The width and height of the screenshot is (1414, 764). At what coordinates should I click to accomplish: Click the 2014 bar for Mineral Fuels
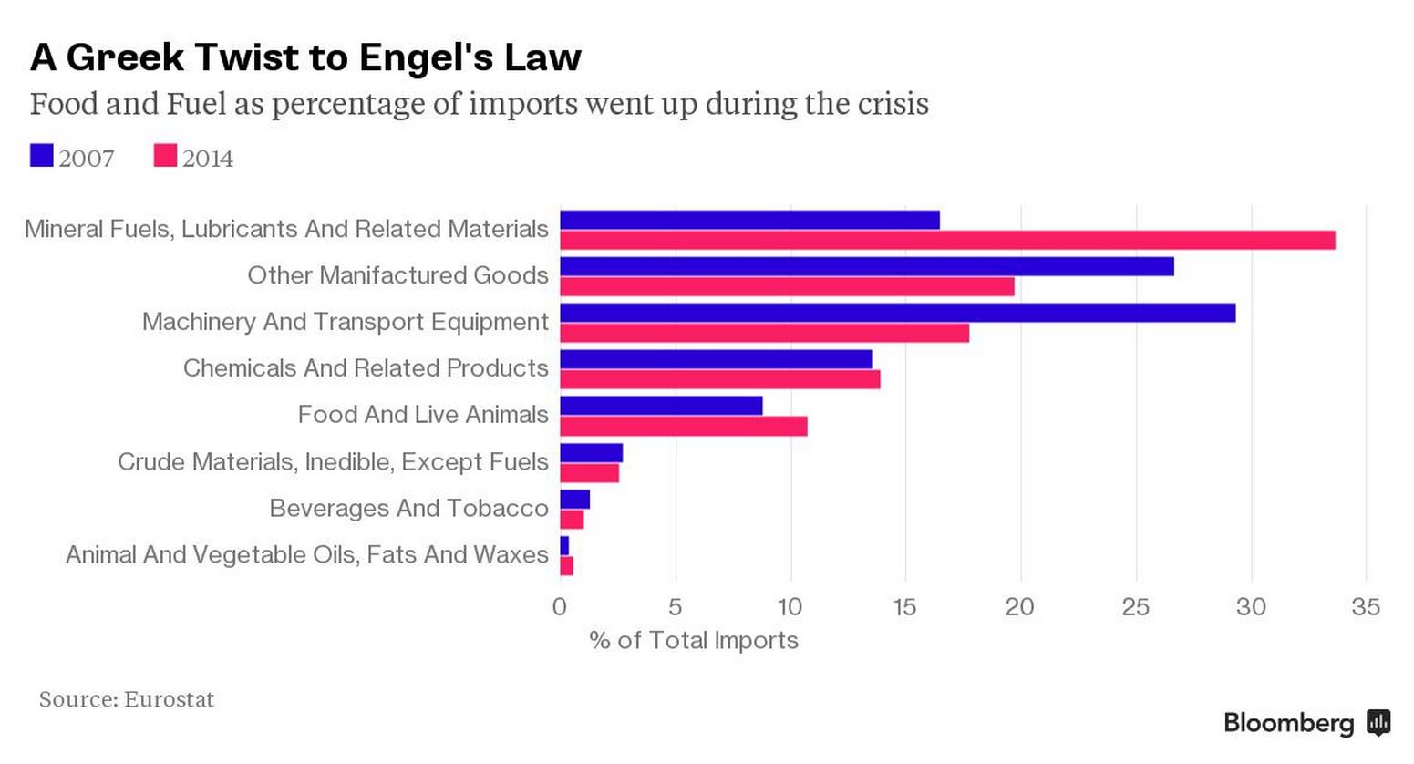click(x=947, y=241)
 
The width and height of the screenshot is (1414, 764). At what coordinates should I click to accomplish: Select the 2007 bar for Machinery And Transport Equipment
click(x=897, y=313)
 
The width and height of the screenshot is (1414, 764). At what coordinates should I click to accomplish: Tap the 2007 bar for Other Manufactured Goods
click(x=866, y=266)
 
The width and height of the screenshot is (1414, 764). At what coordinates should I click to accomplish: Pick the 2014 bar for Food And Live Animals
click(x=683, y=426)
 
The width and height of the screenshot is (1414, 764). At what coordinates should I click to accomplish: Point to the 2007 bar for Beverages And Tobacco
click(x=574, y=499)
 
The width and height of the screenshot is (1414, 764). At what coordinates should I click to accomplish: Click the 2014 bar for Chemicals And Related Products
click(x=719, y=379)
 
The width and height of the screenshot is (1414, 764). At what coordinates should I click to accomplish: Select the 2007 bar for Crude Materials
click(x=591, y=453)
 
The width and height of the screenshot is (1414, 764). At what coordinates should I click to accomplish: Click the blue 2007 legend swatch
click(x=41, y=156)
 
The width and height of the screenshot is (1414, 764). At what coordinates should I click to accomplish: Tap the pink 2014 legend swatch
click(x=165, y=156)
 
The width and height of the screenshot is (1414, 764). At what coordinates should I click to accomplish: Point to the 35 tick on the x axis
click(x=1366, y=607)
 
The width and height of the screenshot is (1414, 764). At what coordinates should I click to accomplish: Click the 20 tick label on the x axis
click(x=1020, y=607)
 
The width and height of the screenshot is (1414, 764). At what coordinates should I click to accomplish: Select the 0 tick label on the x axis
click(x=560, y=607)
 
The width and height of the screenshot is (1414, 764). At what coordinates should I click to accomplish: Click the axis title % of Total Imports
click(x=694, y=640)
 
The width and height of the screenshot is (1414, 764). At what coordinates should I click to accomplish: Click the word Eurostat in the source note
click(x=169, y=699)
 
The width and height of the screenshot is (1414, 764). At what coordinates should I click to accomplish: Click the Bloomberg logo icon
click(x=1378, y=723)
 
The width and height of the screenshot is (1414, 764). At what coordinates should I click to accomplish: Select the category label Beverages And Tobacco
click(x=408, y=508)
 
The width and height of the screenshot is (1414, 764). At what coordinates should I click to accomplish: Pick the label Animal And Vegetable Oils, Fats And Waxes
click(x=306, y=554)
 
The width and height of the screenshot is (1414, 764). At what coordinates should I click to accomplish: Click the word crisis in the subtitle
click(x=893, y=103)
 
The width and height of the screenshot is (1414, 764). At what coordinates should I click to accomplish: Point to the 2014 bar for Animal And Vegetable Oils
click(x=566, y=566)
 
